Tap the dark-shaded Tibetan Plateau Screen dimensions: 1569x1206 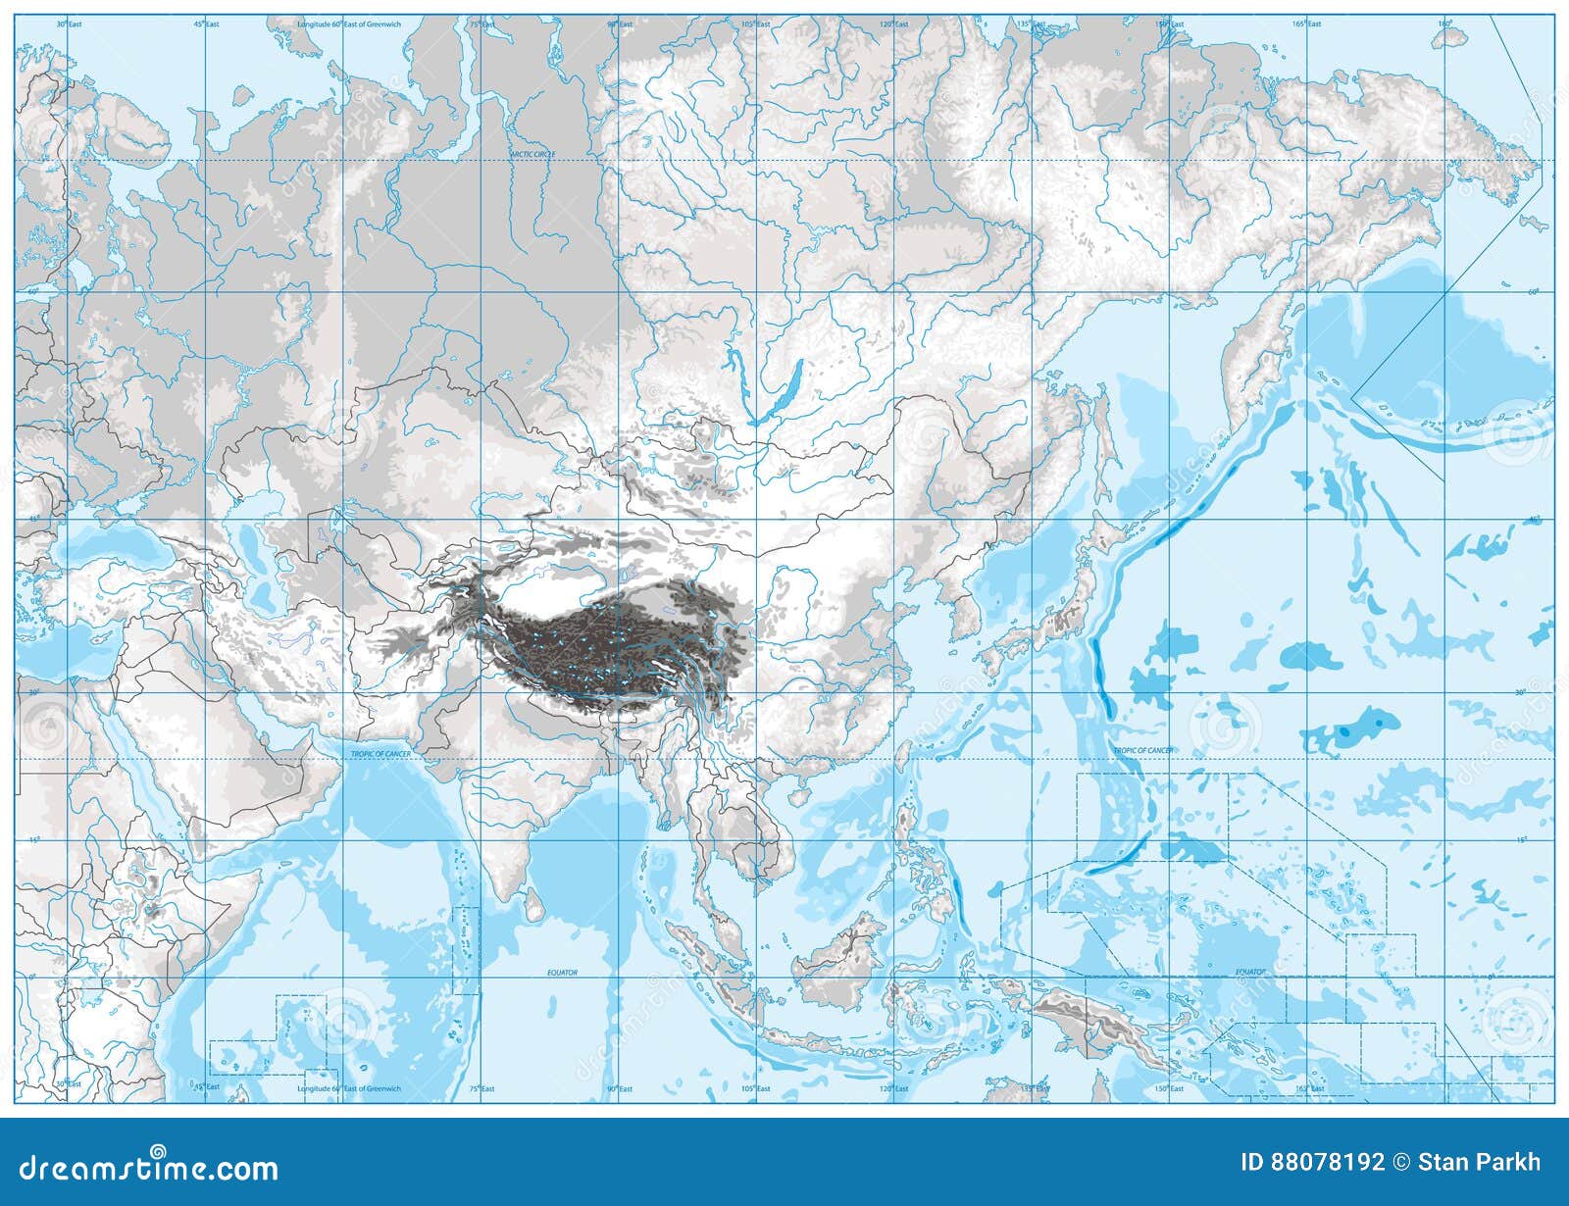608,647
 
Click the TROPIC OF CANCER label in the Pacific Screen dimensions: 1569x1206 1142,750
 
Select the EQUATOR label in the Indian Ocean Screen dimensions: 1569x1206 563,973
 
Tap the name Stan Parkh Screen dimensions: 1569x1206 1481,1163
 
